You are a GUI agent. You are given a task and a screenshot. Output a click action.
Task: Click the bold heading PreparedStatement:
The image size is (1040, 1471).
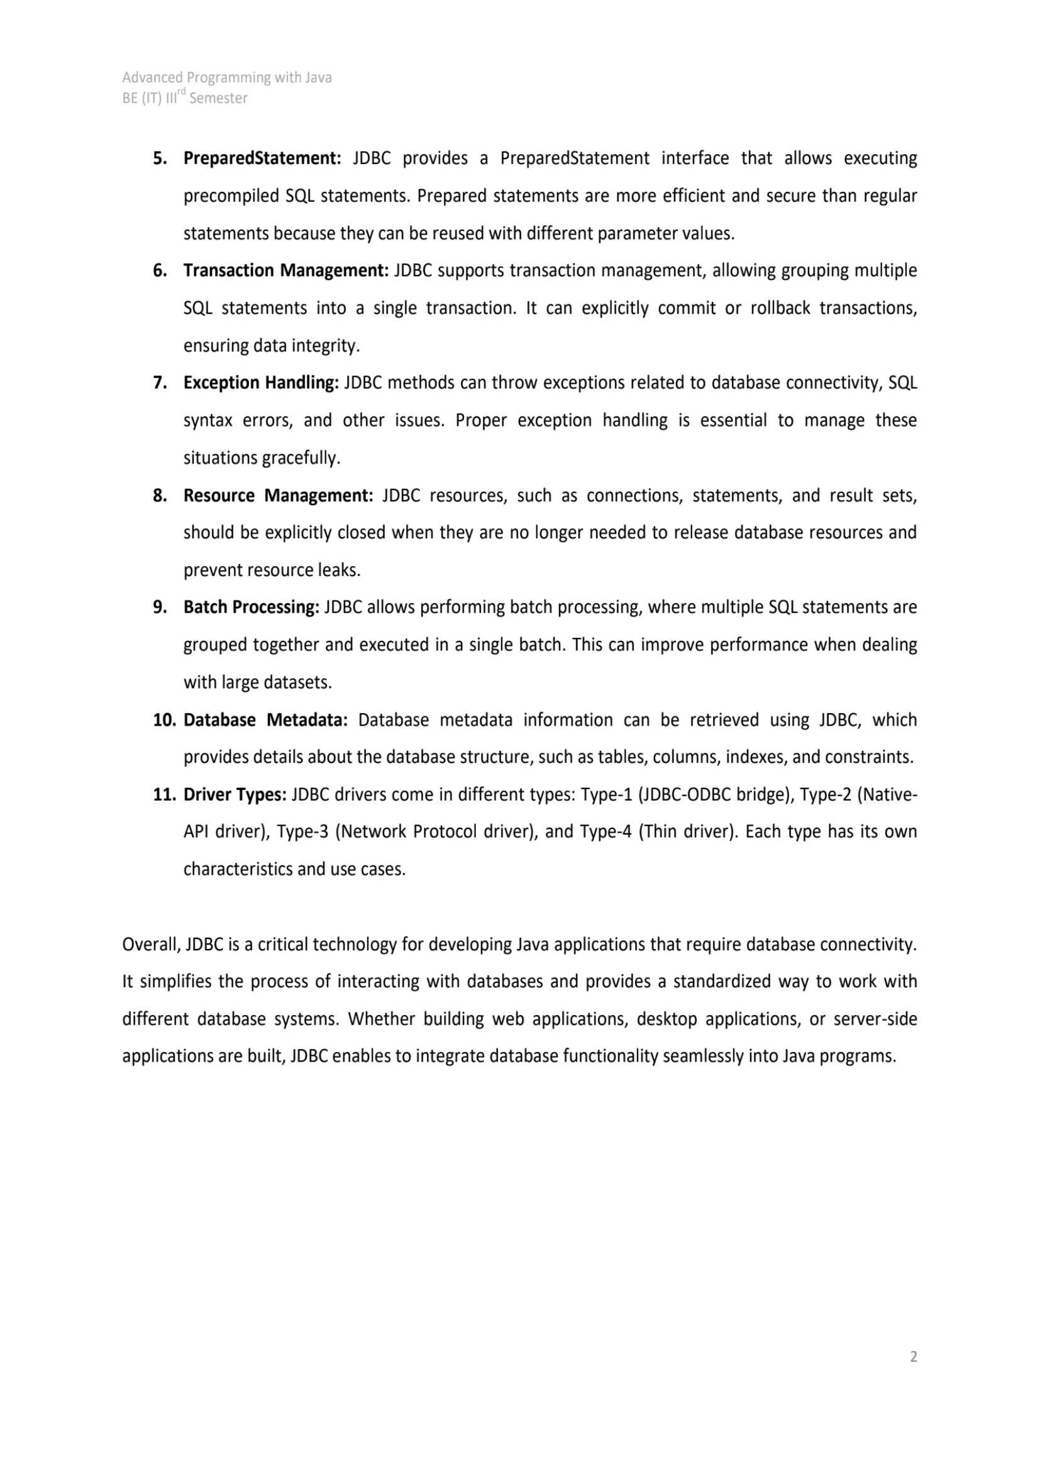pyautogui.click(x=262, y=158)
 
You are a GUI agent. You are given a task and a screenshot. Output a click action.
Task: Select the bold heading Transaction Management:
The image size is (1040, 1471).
pyautogui.click(x=285, y=271)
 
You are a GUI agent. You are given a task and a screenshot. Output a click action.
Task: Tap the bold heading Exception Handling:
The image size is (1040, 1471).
pyautogui.click(x=261, y=383)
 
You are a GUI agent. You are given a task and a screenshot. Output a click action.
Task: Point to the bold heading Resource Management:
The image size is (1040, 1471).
pyautogui.click(x=278, y=496)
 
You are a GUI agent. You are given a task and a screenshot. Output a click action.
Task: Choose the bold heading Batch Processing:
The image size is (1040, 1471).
pyautogui.click(x=251, y=608)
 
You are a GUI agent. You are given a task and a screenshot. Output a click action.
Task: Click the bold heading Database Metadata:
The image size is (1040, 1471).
pyautogui.click(x=265, y=720)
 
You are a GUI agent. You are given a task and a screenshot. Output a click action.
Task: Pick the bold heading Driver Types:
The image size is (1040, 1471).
pyautogui.click(x=235, y=795)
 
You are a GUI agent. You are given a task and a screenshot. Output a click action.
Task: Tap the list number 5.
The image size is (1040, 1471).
pyautogui.click(x=160, y=158)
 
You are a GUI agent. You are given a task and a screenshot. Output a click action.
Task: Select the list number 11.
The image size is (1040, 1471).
pyautogui.click(x=164, y=795)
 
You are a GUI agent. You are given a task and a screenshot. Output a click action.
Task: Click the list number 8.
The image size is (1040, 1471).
pyautogui.click(x=160, y=496)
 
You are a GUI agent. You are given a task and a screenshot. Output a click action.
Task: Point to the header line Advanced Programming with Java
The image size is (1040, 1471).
pyautogui.click(x=227, y=77)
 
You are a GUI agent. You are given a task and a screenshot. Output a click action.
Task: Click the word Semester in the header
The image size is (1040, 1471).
pyautogui.click(x=218, y=99)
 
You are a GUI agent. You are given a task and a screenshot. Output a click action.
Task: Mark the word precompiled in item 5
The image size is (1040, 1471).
pyautogui.click(x=229, y=196)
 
